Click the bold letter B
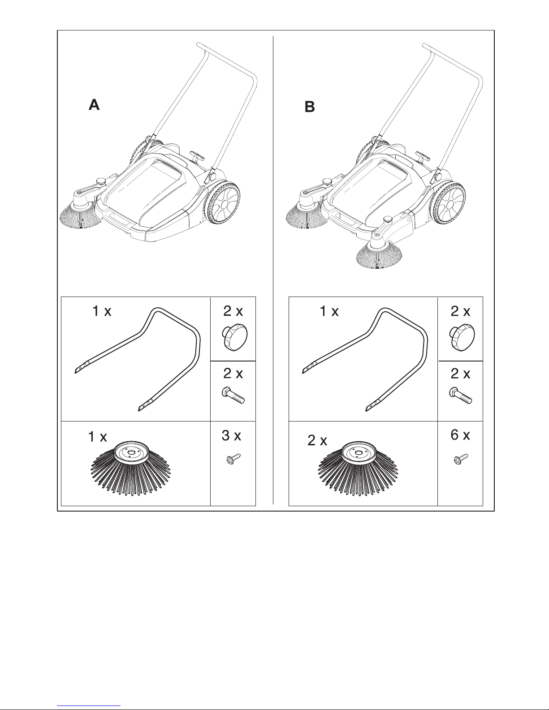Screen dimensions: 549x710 click(310, 108)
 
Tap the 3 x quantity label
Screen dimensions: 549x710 click(232, 435)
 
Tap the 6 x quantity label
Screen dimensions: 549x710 click(460, 435)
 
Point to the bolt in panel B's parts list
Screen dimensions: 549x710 click(460, 396)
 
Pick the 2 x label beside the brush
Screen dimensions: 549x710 click(317, 441)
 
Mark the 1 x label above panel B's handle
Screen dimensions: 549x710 click(329, 312)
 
